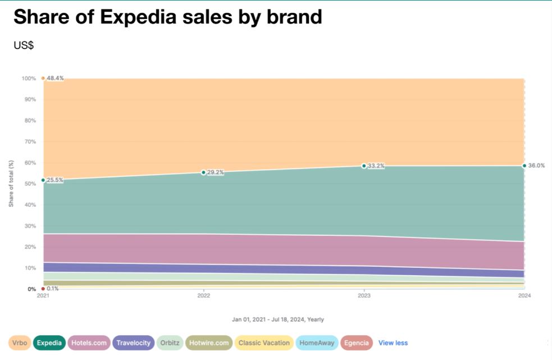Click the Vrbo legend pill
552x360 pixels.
click(20, 343)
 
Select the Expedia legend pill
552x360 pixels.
click(49, 343)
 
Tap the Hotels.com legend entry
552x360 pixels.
click(89, 343)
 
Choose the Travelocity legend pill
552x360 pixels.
click(133, 343)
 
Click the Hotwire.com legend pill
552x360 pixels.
click(209, 343)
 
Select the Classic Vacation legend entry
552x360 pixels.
click(264, 343)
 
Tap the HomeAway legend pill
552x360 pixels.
click(317, 343)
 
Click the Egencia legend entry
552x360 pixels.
click(357, 343)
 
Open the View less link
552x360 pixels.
click(393, 343)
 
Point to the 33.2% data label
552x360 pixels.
click(376, 166)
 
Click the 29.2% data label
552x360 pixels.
click(215, 172)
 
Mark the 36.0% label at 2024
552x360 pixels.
click(537, 166)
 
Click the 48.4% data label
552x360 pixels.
click(55, 78)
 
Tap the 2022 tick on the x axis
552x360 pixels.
click(203, 295)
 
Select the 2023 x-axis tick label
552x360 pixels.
click(364, 295)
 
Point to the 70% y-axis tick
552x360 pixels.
click(29, 142)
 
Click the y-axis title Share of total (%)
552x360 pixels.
click(11, 183)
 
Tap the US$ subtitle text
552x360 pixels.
click(24, 45)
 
